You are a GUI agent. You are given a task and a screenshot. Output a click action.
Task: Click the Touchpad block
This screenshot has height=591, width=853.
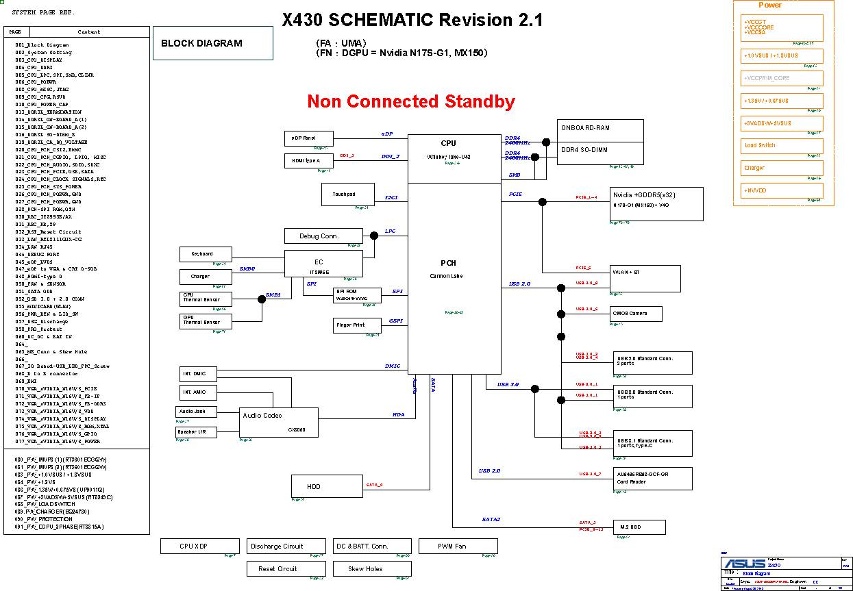click(x=348, y=194)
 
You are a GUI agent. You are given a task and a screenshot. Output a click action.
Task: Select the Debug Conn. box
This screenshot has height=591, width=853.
click(x=323, y=236)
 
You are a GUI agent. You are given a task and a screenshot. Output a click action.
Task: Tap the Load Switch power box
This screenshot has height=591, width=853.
click(x=782, y=145)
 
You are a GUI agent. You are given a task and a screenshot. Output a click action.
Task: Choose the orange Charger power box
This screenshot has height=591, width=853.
click(x=782, y=168)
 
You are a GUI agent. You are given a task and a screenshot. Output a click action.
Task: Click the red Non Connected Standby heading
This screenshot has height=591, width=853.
click(x=411, y=101)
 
